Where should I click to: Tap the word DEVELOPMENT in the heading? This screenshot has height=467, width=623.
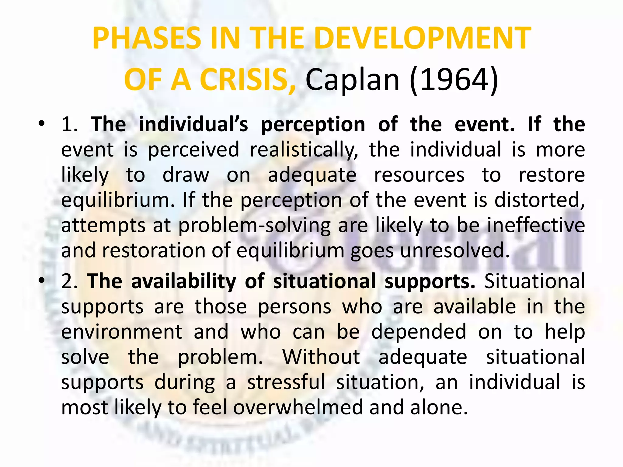pyautogui.click(x=423, y=38)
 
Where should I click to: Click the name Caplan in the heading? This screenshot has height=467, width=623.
pyautogui.click(x=353, y=80)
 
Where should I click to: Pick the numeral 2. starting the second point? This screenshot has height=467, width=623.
pyautogui.click(x=69, y=282)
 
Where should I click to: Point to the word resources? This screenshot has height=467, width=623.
pyautogui.click(x=419, y=175)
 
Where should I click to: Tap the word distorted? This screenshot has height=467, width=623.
pyautogui.click(x=539, y=200)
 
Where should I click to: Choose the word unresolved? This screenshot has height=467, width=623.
pyautogui.click(x=454, y=251)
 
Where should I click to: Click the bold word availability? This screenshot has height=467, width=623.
pyautogui.click(x=183, y=282)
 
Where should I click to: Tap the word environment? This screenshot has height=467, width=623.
pyautogui.click(x=122, y=332)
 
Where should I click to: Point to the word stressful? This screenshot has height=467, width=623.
pyautogui.click(x=286, y=382)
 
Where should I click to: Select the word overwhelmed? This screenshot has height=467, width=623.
pyautogui.click(x=298, y=407)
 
